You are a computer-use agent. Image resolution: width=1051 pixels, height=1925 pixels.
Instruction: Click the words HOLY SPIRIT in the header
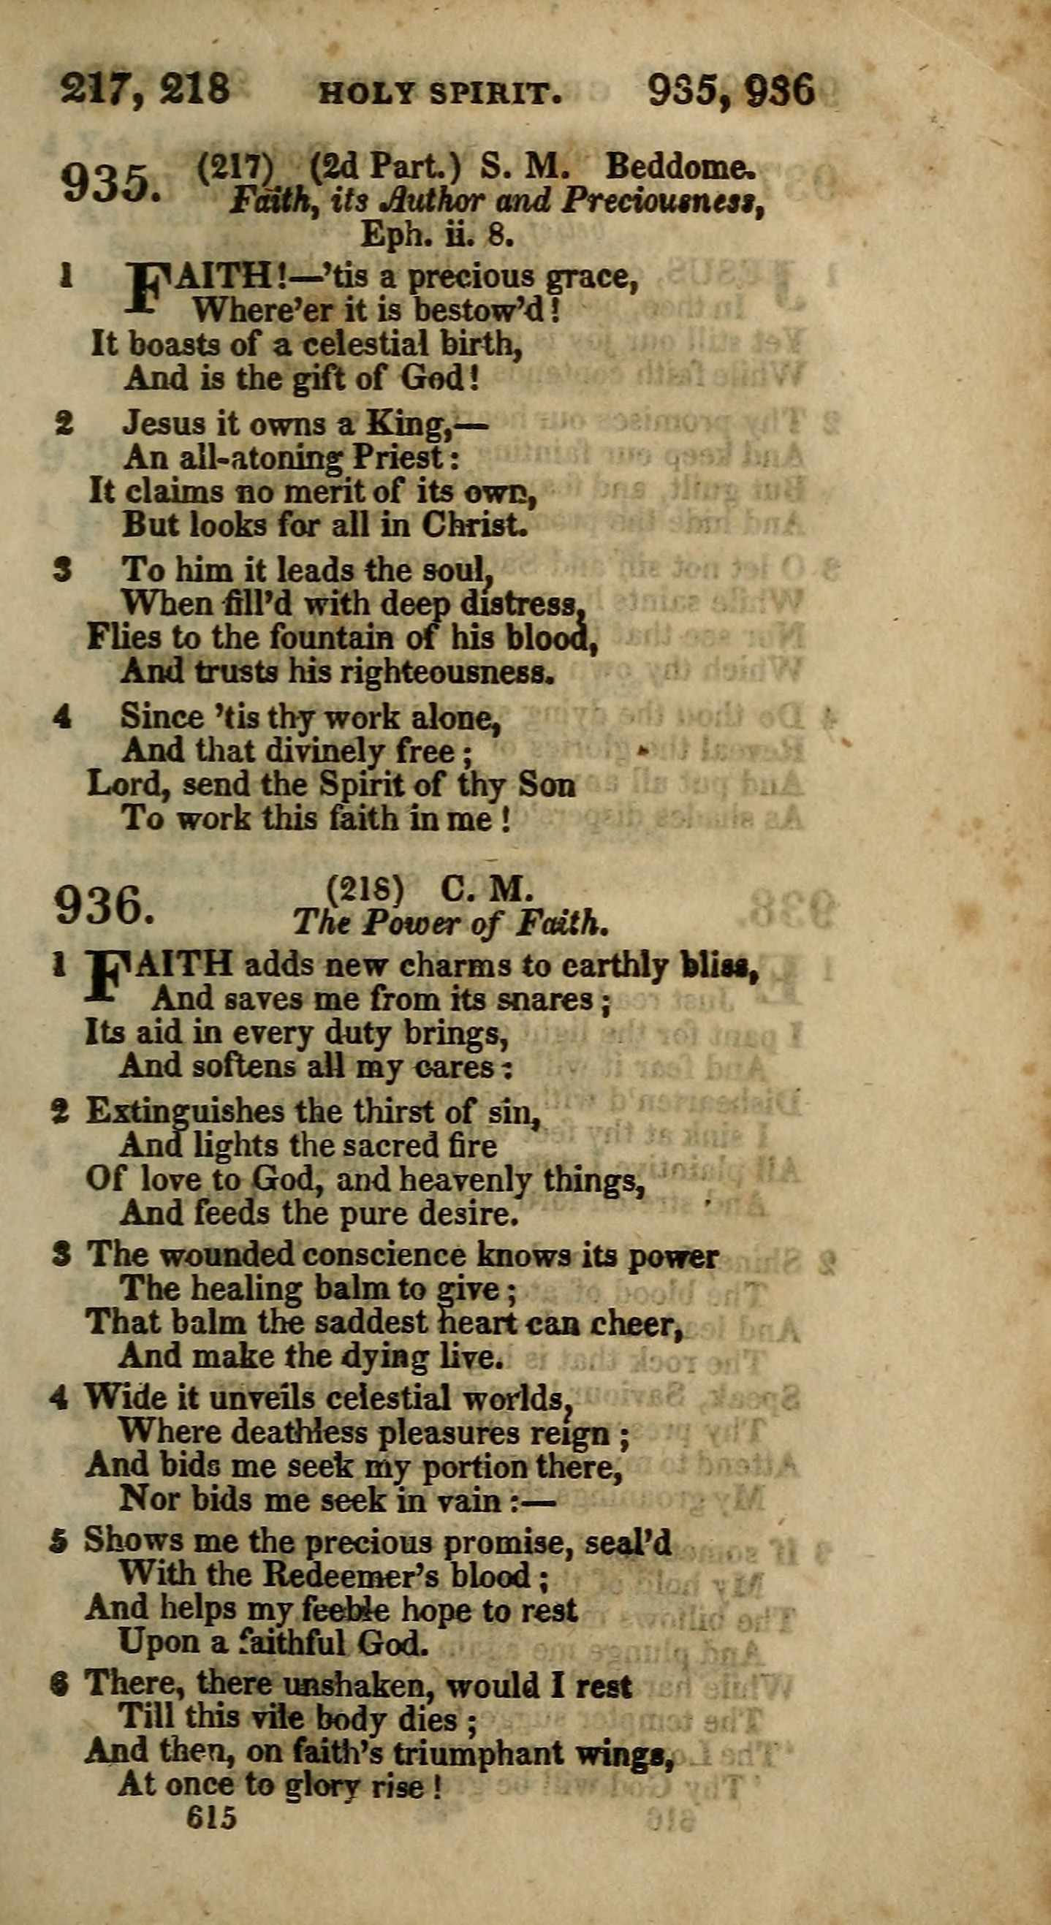pos(440,94)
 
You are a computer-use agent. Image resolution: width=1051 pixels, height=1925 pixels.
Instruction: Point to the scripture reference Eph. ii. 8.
pos(437,235)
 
